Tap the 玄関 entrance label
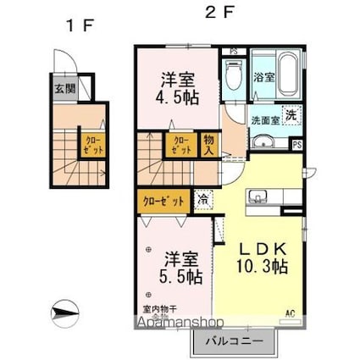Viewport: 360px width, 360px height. coord(63,87)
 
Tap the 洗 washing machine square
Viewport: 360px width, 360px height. coord(290,115)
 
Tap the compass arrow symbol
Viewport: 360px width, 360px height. coord(64,313)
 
